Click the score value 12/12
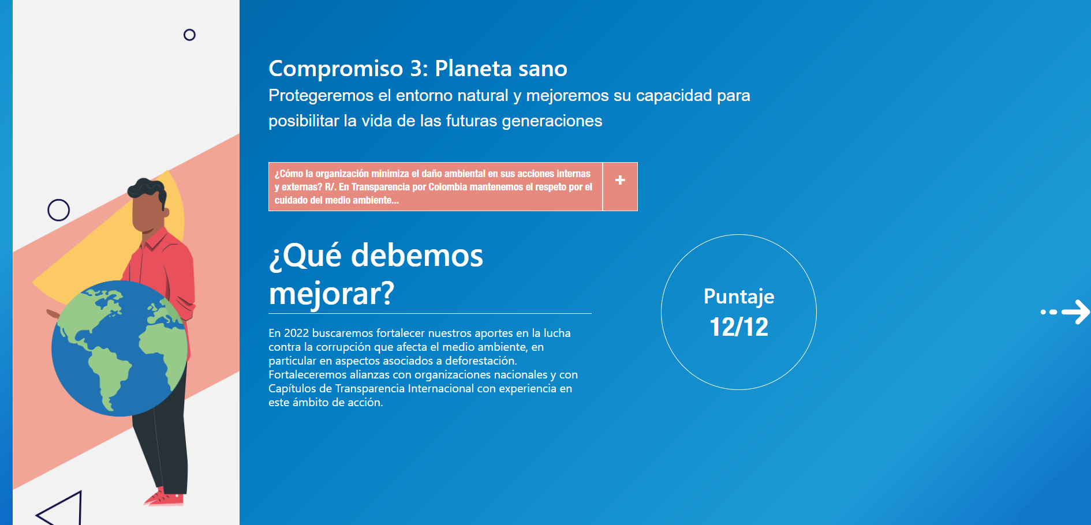[739, 327]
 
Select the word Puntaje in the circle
[739, 297]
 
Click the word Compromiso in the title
[336, 69]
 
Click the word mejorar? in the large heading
[331, 293]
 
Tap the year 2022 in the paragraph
[296, 333]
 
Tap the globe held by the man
[119, 348]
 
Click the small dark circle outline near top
[189, 35]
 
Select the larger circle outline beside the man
[58, 210]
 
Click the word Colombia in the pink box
[447, 187]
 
